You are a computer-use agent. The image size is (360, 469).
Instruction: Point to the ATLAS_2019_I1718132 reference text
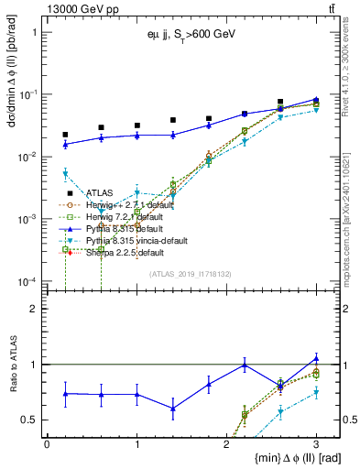pyautogui.click(x=191, y=273)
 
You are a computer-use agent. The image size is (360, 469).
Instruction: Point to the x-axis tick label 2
pyautogui.click(x=225, y=443)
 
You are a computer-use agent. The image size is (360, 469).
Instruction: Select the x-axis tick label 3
pyautogui.click(x=315, y=443)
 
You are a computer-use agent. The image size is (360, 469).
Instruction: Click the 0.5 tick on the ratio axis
pyautogui.click(x=33, y=420)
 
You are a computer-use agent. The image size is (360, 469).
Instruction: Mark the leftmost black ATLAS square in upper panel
pyautogui.click(x=65, y=135)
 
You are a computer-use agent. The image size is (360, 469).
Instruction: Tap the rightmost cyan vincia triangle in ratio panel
pyautogui.click(x=316, y=393)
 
